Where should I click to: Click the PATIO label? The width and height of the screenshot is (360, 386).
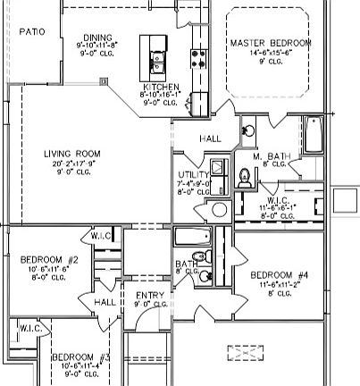(32, 31)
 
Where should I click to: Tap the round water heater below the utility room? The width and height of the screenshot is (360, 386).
(219, 211)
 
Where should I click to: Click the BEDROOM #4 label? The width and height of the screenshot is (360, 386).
(280, 274)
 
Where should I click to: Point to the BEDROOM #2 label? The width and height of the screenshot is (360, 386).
(50, 260)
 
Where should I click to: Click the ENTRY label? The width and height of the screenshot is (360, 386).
(147, 295)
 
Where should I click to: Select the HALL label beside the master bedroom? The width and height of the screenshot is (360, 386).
(211, 138)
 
